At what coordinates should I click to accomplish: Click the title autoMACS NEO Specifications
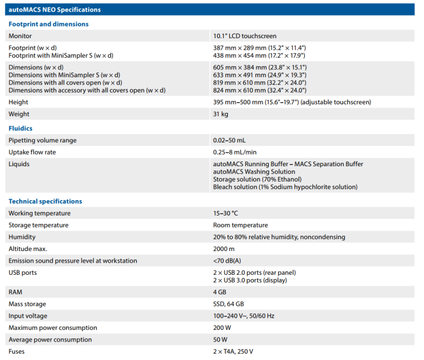(x=55, y=10)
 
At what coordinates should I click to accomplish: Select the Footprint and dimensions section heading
(x=48, y=24)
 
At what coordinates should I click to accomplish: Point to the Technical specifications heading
(x=45, y=201)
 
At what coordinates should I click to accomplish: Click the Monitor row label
(x=20, y=36)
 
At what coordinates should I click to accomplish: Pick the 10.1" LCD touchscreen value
(x=244, y=36)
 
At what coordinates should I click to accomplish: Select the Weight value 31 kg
(x=222, y=114)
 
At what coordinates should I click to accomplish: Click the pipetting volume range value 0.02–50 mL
(x=229, y=140)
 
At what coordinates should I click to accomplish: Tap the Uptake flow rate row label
(x=32, y=152)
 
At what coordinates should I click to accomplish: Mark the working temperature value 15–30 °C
(x=225, y=213)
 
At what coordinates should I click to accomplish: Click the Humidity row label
(x=22, y=237)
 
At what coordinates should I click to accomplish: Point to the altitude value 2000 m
(x=224, y=249)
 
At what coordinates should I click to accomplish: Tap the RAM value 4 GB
(x=220, y=292)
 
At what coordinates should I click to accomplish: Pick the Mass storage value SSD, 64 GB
(x=228, y=304)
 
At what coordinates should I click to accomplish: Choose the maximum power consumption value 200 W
(x=222, y=328)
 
